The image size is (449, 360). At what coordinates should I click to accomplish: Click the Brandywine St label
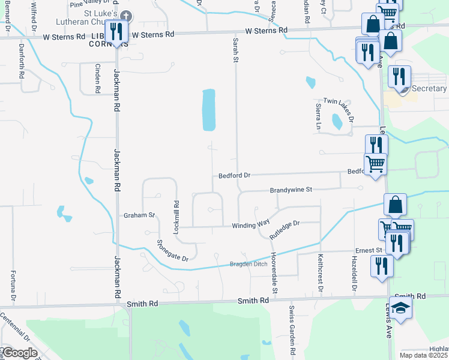coord(292,190)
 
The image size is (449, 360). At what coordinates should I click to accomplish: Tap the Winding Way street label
coord(251,226)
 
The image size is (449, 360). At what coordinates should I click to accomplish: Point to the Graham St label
coord(139,215)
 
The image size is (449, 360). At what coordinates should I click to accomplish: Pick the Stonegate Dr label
coord(172,250)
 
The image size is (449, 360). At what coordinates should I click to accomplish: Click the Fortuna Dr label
coord(13,286)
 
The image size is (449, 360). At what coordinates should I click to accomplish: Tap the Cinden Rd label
coord(97,79)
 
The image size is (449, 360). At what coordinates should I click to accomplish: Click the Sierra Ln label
coord(319,116)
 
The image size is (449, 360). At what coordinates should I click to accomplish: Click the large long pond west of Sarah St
coord(208,110)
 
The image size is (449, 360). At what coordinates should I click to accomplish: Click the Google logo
coord(20,353)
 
